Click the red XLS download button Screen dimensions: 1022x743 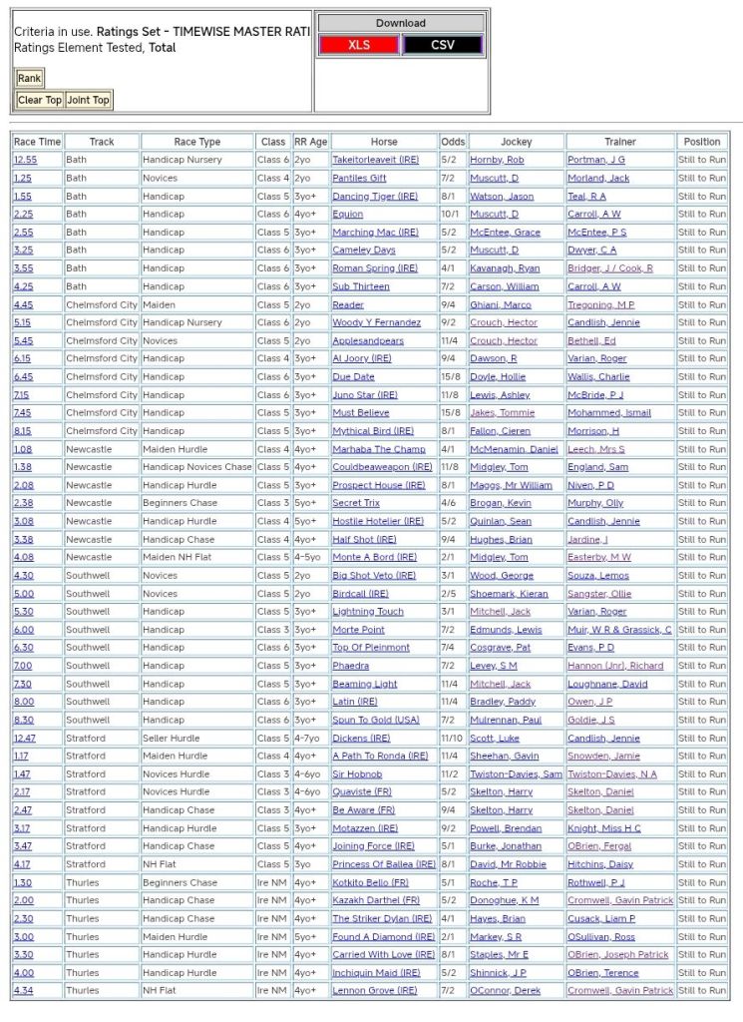(358, 45)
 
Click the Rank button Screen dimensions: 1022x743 (29, 78)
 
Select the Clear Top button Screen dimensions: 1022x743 (40, 100)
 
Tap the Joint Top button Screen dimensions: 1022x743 (88, 100)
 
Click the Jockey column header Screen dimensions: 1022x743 (516, 142)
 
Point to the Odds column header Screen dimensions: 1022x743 (453, 142)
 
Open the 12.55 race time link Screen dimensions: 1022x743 (25, 160)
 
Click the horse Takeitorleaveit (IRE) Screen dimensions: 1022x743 (376, 160)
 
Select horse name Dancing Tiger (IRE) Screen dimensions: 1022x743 (374, 197)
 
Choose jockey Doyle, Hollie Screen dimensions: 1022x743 (498, 377)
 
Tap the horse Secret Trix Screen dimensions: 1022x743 (355, 503)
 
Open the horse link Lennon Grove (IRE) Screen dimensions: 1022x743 (374, 991)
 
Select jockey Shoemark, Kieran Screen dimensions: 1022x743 (510, 594)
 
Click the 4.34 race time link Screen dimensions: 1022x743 (23, 991)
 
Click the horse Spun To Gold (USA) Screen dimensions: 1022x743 (375, 720)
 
